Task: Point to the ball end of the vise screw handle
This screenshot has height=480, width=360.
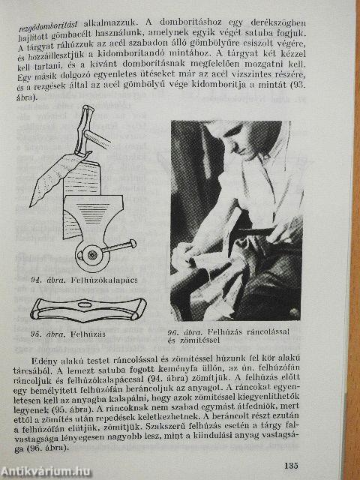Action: click(x=133, y=242)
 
